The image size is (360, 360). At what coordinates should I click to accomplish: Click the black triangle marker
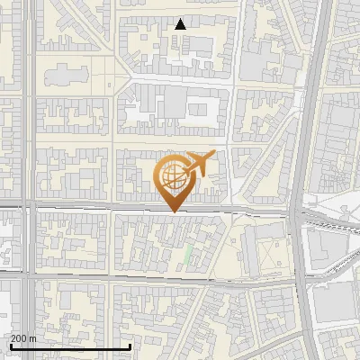tap(181, 24)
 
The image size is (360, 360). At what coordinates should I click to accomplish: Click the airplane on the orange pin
tap(198, 164)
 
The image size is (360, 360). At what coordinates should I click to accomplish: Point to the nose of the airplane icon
tap(213, 154)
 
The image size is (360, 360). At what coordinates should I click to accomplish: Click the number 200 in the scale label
tap(18, 338)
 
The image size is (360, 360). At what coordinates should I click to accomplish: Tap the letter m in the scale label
tap(33, 338)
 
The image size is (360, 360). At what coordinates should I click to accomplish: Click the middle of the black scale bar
tap(69, 346)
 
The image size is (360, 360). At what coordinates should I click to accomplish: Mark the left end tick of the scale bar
tap(9, 346)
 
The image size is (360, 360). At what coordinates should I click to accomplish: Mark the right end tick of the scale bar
tap(130, 346)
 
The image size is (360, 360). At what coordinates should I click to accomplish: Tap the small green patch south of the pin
tap(187, 256)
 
